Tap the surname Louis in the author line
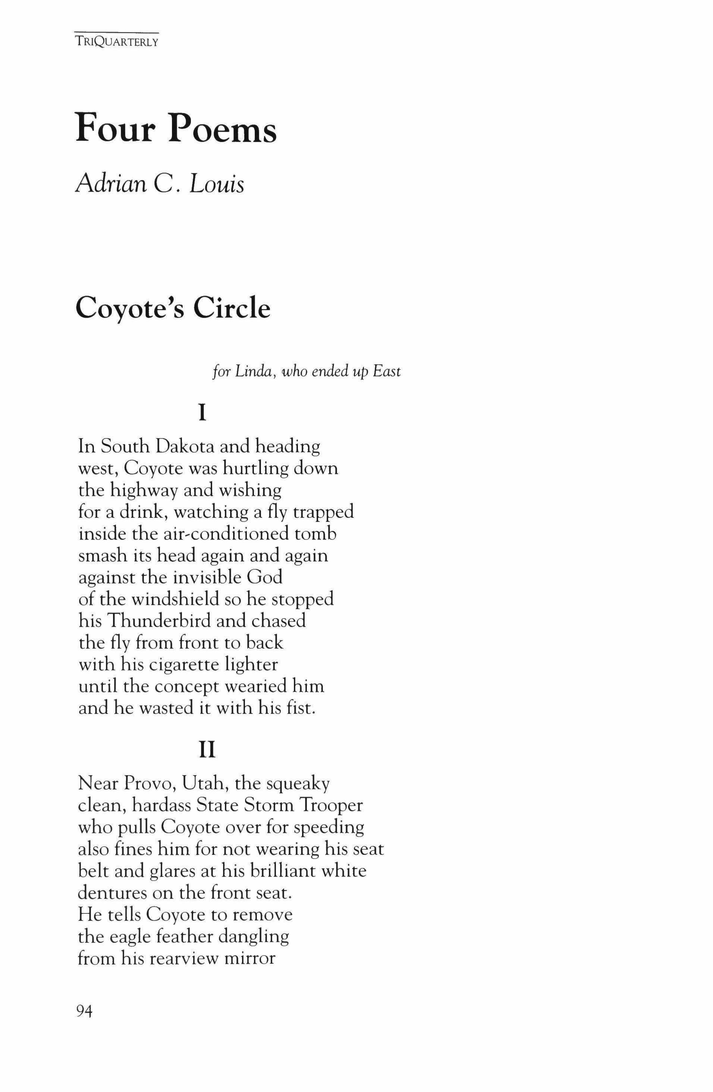click(x=217, y=185)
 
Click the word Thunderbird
click(x=158, y=621)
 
